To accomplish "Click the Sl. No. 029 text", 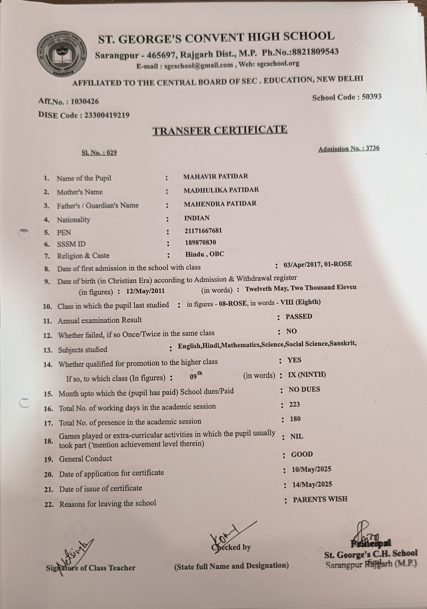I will pyautogui.click(x=99, y=153).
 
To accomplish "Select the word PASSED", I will pyautogui.click(x=299, y=316).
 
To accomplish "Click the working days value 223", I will pyautogui.click(x=294, y=405).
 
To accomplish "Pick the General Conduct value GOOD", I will pyautogui.click(x=302, y=454).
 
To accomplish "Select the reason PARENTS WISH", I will pyautogui.click(x=320, y=499).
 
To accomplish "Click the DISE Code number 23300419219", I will pyautogui.click(x=107, y=115).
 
